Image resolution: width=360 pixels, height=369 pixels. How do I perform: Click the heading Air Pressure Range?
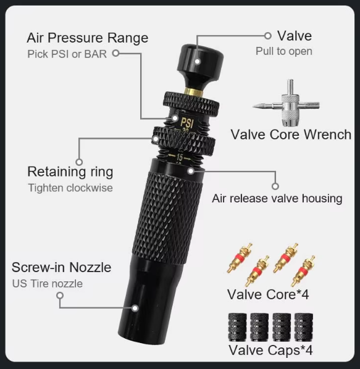[x=87, y=37]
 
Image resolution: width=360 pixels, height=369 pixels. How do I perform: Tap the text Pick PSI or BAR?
[x=67, y=54]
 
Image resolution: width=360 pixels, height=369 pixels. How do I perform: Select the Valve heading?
[x=294, y=35]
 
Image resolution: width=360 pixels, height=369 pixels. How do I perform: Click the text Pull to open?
[x=283, y=51]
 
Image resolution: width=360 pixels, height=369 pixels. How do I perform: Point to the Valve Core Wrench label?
[x=291, y=134]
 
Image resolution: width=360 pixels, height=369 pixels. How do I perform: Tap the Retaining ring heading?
[x=70, y=171]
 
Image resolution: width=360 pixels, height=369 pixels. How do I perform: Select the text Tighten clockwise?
[x=70, y=188]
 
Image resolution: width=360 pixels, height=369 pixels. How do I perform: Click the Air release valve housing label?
[x=277, y=199]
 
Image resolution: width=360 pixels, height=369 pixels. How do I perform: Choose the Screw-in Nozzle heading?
[x=61, y=267]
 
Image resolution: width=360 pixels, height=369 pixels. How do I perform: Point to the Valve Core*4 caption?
[x=268, y=294]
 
